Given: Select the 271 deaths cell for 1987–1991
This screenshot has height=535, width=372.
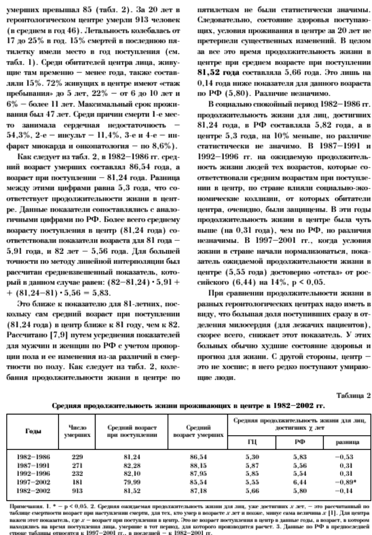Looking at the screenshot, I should [77, 463].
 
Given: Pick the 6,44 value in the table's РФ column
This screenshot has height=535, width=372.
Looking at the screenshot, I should [299, 479].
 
